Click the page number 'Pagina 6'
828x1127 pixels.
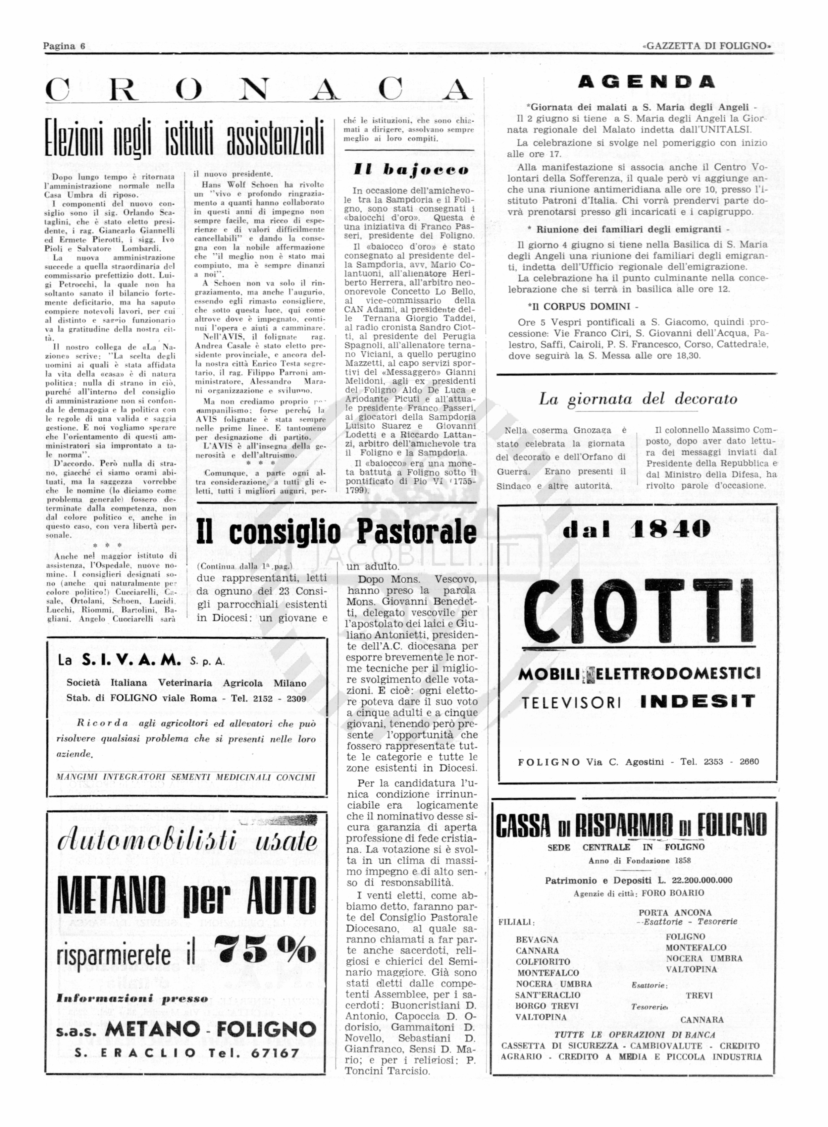click(64, 46)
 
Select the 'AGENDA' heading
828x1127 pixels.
click(646, 82)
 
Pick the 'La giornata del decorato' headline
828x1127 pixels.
click(638, 399)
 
